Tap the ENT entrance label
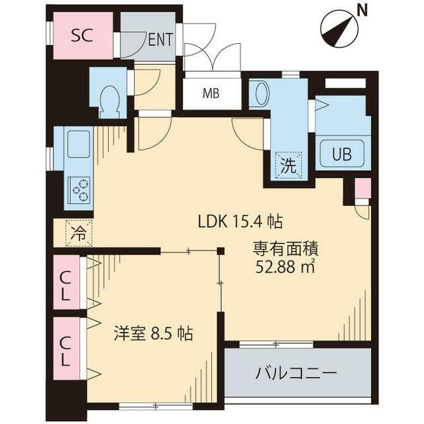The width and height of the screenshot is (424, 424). (160, 39)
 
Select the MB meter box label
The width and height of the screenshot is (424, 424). (211, 93)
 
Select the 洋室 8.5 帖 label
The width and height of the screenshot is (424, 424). (152, 333)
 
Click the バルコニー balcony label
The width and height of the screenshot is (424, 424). (297, 373)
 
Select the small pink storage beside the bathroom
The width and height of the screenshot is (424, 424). (362, 188)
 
